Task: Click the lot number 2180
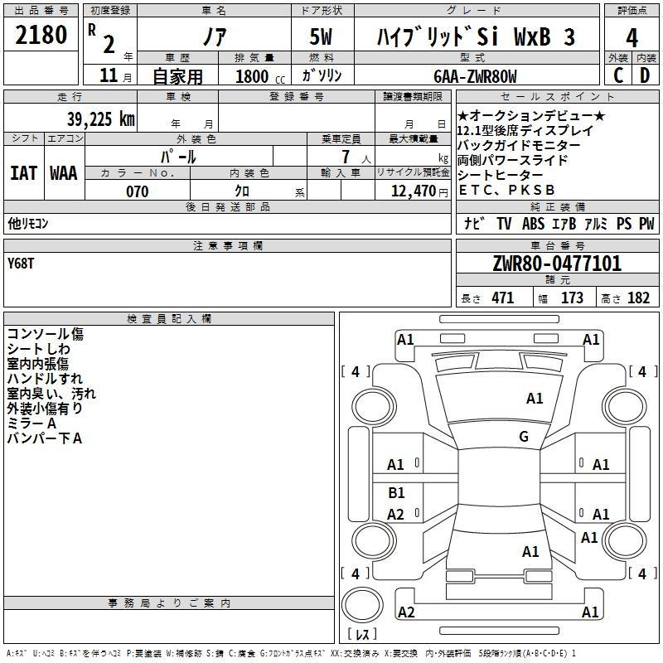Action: [41, 35]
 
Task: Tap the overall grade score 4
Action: [632, 38]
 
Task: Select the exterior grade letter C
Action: [618, 75]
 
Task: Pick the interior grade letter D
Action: [645, 75]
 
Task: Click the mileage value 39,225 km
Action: [101, 119]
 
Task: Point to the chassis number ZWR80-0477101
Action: [557, 264]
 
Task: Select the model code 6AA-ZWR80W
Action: [475, 76]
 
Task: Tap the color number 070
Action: [138, 191]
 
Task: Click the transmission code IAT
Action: [24, 173]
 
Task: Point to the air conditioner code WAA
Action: [64, 173]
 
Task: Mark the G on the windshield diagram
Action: [524, 436]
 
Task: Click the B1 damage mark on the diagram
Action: [396, 492]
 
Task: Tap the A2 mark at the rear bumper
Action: [406, 612]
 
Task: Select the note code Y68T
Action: [21, 264]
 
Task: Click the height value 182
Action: [638, 298]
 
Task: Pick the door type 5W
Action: [321, 36]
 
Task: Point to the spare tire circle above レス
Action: [362, 605]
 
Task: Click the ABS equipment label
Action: [533, 223]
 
